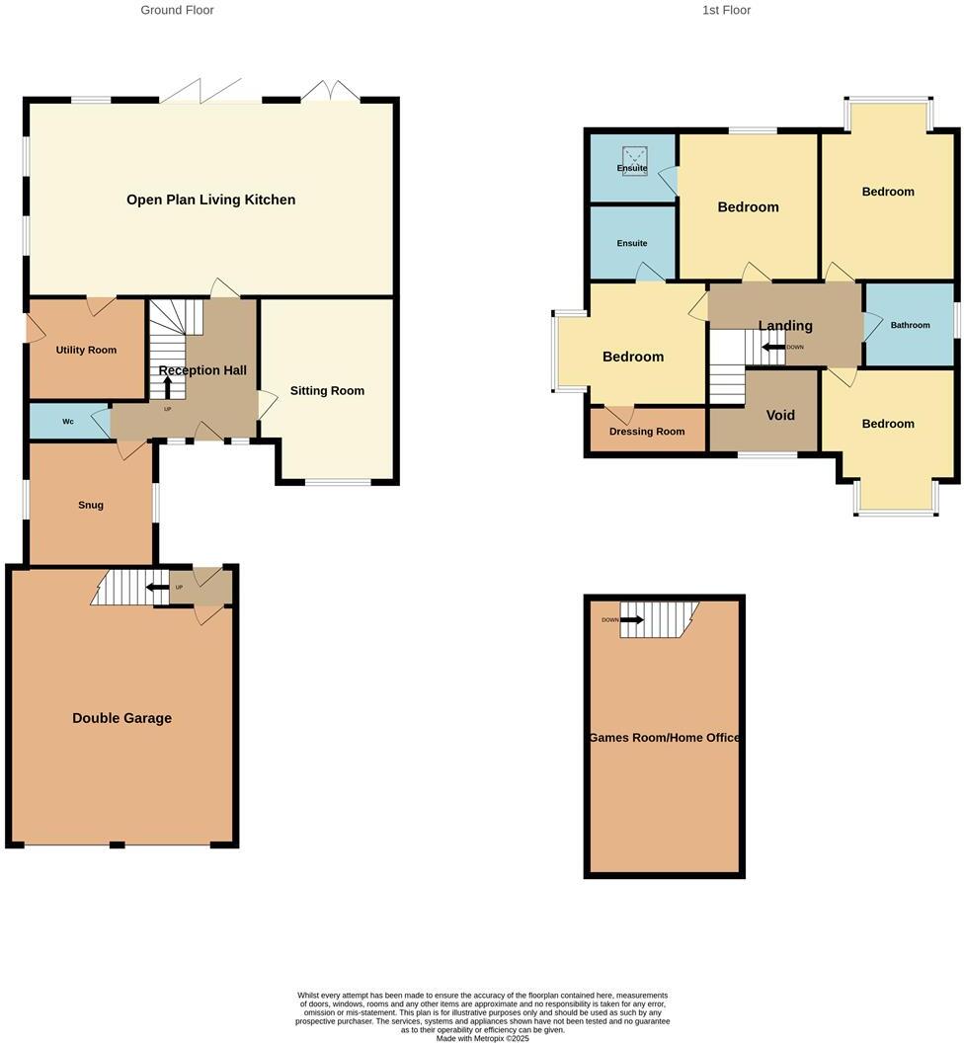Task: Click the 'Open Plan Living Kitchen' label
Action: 210,200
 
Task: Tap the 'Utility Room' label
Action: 86,350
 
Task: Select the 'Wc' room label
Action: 68,422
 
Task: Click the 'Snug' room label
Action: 91,505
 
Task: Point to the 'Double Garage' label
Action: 121,718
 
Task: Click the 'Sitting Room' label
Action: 327,391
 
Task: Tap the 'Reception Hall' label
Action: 202,370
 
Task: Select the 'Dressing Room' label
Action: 647,432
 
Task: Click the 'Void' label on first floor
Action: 780,415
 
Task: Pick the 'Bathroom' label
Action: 910,325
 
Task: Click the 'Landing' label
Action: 785,326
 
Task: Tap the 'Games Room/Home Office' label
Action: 664,738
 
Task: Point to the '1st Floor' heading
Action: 726,10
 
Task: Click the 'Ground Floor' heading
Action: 177,10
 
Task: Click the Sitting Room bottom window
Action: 337,482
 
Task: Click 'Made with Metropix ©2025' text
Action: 482,1038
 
